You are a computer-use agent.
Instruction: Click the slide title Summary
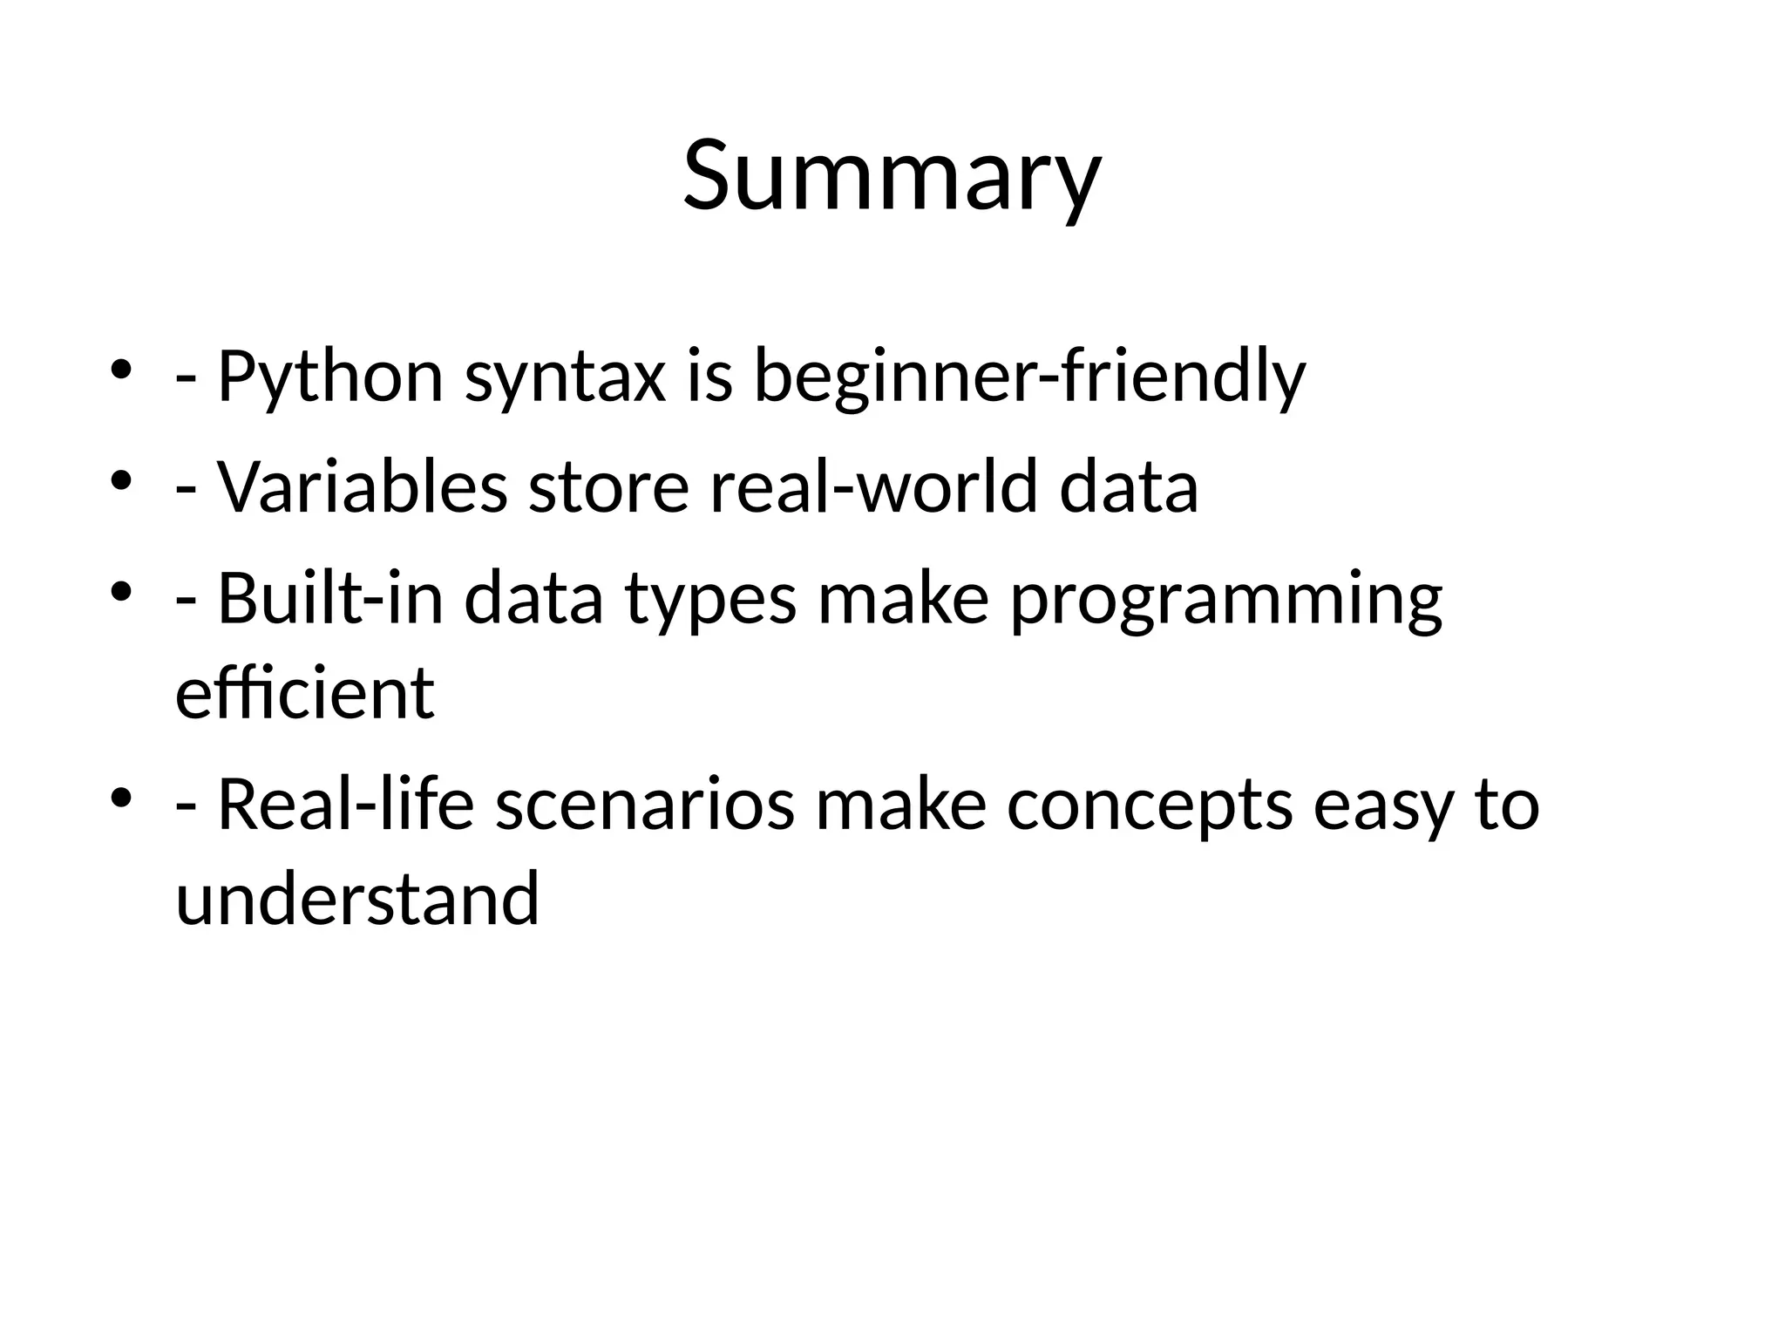tap(892, 176)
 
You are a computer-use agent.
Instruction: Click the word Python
tap(330, 377)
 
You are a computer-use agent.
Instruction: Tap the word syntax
tap(566, 377)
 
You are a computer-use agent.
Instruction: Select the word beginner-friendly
tap(1029, 377)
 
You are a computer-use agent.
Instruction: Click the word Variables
tap(362, 486)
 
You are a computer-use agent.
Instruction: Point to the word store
tap(608, 486)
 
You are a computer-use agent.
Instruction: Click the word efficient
tap(304, 694)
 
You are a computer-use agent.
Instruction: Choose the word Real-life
tap(345, 805)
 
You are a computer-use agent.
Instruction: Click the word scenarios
tap(645, 805)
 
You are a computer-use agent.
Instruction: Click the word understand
tap(357, 899)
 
